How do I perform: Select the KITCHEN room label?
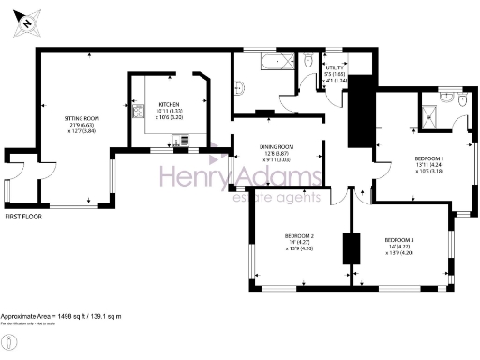tap(169, 104)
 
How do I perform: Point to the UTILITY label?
tap(335, 68)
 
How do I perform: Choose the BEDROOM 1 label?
tap(429, 159)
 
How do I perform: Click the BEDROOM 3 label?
tap(399, 241)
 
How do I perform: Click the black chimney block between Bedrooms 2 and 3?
tap(352, 249)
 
